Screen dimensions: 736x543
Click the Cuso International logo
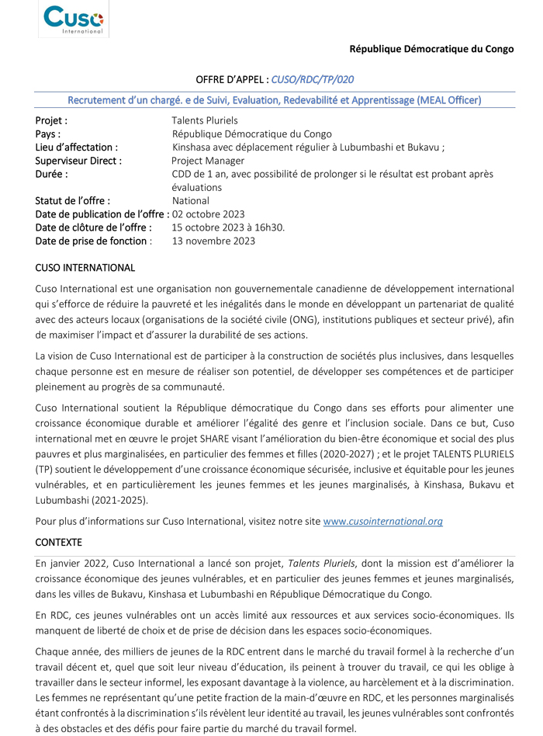[74, 19]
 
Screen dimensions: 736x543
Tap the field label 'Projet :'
[51, 120]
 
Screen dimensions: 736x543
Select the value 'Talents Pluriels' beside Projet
[205, 120]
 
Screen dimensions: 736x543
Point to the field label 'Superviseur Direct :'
[78, 161]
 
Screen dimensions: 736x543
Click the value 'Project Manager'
[207, 161]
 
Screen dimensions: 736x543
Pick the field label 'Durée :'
[51, 174]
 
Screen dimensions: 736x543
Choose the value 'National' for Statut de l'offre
[191, 200]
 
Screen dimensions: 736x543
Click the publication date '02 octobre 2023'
[209, 214]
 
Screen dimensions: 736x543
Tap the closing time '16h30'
[270, 227]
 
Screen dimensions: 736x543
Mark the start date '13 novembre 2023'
[213, 241]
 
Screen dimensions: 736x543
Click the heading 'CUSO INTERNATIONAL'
[85, 268]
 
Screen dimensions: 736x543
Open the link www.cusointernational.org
[382, 521]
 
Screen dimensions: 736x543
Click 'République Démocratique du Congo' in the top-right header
[431, 49]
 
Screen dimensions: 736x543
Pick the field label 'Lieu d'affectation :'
[77, 147]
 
